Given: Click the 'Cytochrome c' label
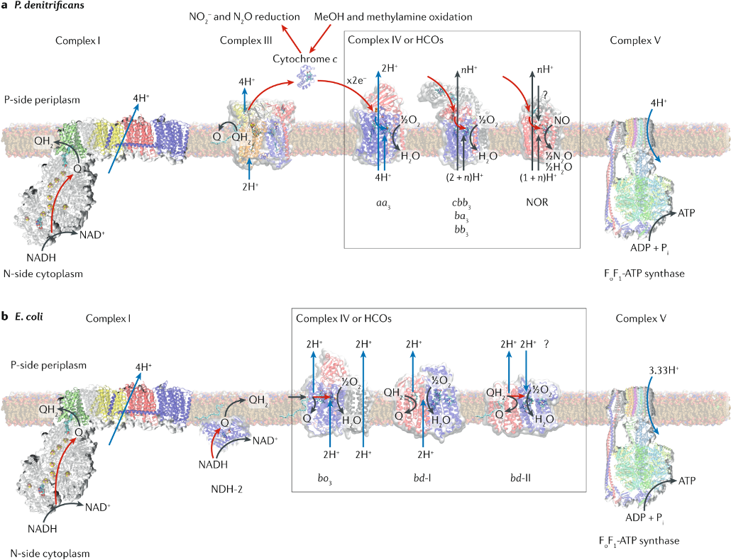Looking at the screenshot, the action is tap(305, 59).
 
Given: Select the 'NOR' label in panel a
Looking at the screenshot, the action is tap(537, 202).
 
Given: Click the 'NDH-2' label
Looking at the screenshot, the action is tap(226, 489).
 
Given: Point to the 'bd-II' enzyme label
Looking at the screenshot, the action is tap(520, 478).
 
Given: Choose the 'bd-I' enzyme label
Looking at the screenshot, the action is tap(422, 478).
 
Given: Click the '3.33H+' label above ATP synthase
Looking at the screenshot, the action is tap(664, 371).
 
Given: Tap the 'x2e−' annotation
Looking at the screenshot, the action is tap(356, 80).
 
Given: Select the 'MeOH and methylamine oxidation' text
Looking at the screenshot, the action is tap(393, 17).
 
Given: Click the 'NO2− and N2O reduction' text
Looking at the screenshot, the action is tap(244, 17).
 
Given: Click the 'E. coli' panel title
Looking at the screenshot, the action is tap(29, 317).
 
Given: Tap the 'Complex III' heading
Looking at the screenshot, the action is tap(246, 40).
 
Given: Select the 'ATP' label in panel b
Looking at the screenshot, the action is tap(687, 481).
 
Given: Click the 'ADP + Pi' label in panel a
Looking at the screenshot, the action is tap(649, 248).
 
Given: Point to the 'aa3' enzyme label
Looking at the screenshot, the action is tap(383, 203).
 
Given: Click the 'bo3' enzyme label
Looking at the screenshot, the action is tap(324, 478).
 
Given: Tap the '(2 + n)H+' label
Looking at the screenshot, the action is tap(464, 177).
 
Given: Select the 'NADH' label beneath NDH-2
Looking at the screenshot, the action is tap(213, 464).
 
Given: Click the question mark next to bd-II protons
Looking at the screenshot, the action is tap(546, 344).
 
